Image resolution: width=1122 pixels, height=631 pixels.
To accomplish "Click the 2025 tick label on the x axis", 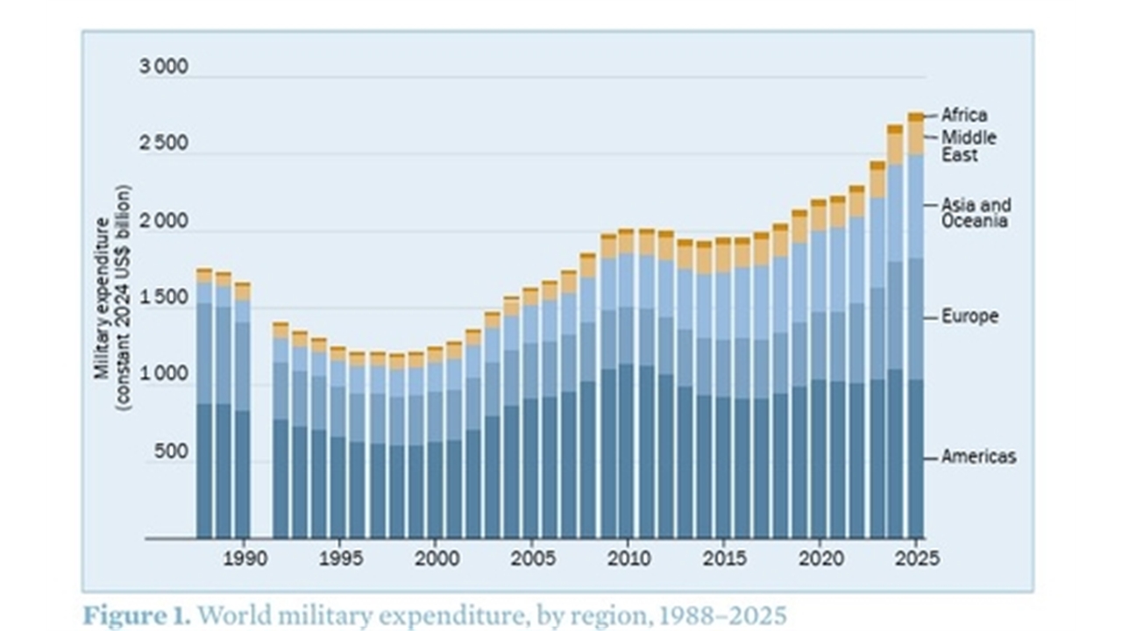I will pos(916,559).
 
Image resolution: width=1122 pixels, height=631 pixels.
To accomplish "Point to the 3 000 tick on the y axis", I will pos(163,67).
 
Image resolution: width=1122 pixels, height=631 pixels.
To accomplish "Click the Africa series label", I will pos(964,115).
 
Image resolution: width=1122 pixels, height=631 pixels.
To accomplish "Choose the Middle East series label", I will pos(969,146).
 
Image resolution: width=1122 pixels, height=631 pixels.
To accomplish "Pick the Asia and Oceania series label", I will pos(976,213).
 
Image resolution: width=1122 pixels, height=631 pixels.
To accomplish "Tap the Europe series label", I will pos(969,316).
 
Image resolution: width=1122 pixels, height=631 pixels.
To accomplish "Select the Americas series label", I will pos(978,457).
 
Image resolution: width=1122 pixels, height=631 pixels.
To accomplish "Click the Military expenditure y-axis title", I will pos(111,298).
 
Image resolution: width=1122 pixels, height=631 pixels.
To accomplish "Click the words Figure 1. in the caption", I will pos(137,615).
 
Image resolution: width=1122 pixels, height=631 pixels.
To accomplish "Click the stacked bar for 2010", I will pos(627,394).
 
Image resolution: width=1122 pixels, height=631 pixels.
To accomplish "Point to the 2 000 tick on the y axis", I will pos(163,221).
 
